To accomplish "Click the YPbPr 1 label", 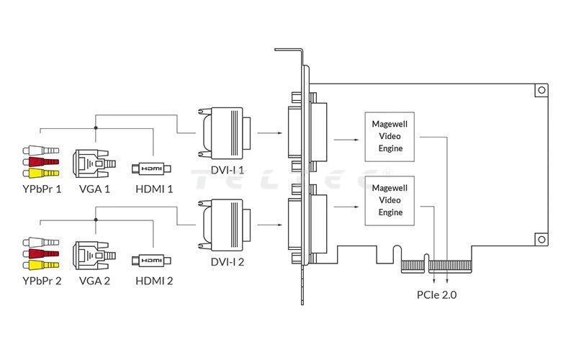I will click(42, 189).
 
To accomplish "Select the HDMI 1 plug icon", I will click(152, 168).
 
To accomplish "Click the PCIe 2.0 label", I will click(437, 294).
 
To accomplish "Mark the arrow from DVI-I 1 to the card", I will click(269, 133).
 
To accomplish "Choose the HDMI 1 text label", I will click(155, 189).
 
